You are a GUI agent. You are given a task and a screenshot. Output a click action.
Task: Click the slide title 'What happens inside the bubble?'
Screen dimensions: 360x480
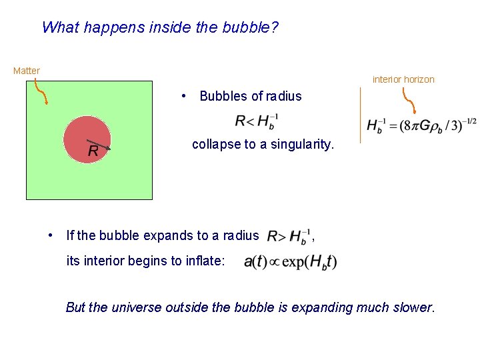pos(160,28)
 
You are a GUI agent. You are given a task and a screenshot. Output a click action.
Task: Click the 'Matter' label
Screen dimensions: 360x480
pos(27,71)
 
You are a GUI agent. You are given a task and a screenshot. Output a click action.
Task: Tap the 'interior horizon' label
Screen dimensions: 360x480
pos(403,79)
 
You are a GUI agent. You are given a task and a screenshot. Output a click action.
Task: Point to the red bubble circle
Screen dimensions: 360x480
pos(83,130)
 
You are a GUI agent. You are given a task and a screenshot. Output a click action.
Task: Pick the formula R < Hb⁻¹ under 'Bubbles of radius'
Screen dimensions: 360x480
pos(257,122)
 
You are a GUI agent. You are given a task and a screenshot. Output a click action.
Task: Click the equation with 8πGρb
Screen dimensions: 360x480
pos(421,125)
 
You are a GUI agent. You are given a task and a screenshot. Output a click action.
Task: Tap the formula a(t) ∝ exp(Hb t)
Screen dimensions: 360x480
pos(291,261)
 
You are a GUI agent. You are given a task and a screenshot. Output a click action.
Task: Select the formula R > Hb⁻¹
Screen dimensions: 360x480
pos(288,235)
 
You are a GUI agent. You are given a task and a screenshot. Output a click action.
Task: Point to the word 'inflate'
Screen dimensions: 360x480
pos(203,261)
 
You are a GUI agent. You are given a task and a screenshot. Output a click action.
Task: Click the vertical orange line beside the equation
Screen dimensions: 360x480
pos(360,115)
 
